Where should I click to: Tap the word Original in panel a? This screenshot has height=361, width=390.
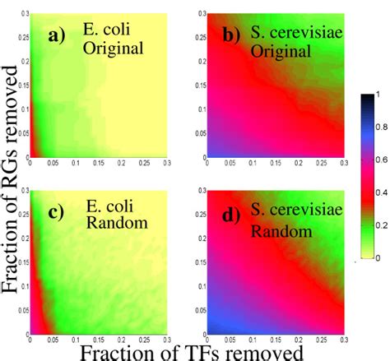pyautogui.click(x=112, y=48)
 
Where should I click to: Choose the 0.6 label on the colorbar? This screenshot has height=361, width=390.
pyautogui.click(x=379, y=160)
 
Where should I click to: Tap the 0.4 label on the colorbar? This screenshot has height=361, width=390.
pyautogui.click(x=379, y=192)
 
